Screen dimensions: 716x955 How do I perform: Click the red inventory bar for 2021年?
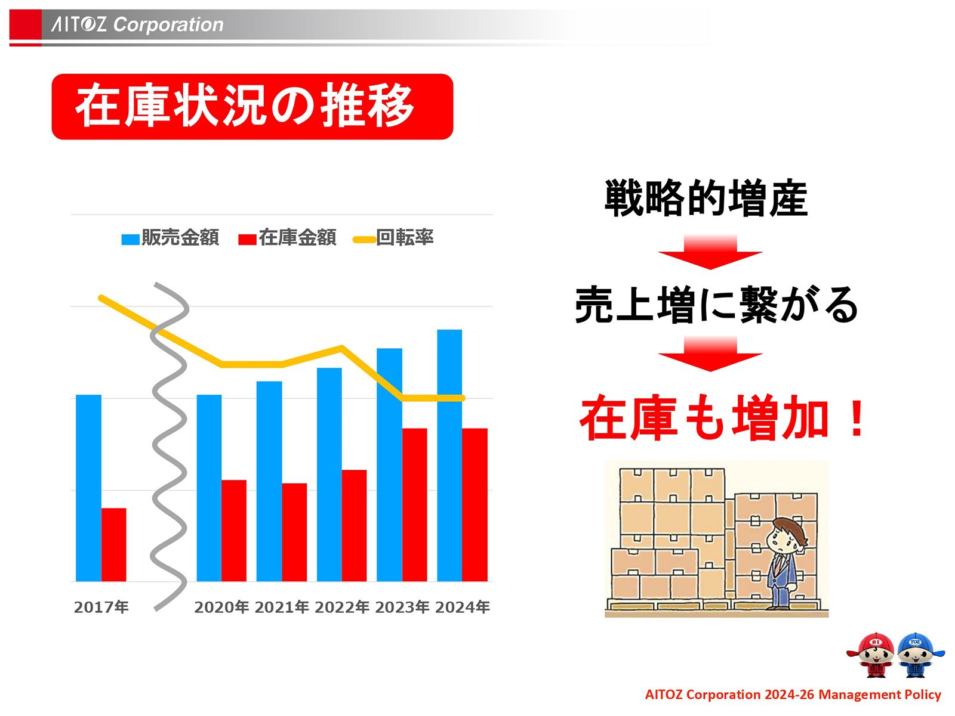pos(294,532)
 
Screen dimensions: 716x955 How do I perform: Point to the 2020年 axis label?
pos(221,607)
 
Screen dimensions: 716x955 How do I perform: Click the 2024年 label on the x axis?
pos(463,607)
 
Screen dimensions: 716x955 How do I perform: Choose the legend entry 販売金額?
pos(171,238)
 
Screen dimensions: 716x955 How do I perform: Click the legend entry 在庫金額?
pos(288,238)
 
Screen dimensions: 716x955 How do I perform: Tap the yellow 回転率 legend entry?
pos(394,238)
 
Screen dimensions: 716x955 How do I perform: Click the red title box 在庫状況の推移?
pos(252,107)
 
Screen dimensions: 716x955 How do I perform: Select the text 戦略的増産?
pos(706,199)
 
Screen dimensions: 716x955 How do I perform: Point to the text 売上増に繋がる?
pos(716,305)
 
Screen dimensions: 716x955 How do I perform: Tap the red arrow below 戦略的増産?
pos(710,252)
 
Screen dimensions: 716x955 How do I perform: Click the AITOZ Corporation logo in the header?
pos(137,24)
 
